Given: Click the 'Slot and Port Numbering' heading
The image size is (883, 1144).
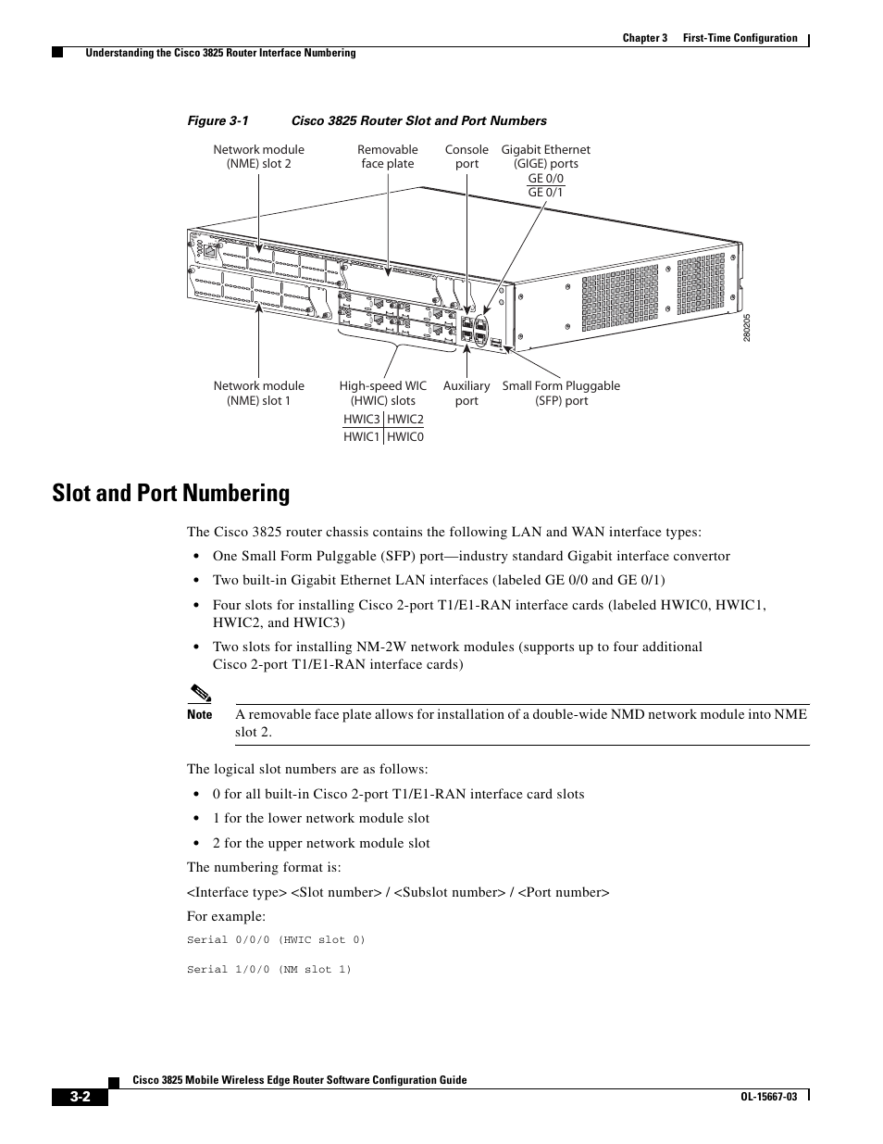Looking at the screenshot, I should point(171,493).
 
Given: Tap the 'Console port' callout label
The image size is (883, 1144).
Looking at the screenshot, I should point(466,157).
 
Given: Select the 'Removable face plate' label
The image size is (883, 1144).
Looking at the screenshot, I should point(388,157).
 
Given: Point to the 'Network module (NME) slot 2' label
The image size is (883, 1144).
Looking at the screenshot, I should point(258,157).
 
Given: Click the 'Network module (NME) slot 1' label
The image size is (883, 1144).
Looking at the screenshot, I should point(258,393).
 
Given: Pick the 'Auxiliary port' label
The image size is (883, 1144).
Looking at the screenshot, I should point(466,393).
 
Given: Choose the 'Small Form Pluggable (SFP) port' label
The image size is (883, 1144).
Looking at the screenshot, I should point(561,393).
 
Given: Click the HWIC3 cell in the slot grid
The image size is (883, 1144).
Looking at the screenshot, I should point(362,420).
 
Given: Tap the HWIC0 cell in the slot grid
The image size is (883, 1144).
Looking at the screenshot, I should point(405,436).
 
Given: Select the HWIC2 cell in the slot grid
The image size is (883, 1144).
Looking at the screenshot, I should point(405,420).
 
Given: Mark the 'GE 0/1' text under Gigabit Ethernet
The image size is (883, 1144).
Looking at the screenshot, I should point(546,193).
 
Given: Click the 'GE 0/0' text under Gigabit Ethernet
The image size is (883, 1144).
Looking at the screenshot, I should point(546,179).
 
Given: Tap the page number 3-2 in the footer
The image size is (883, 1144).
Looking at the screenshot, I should point(80,1098).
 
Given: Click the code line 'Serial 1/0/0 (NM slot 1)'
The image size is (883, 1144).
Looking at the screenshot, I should point(269,970).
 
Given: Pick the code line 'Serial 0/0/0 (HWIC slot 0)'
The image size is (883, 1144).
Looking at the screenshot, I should point(276,940).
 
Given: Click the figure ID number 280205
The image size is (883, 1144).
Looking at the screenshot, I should point(746,329).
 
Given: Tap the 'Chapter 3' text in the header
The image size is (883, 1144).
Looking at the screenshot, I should point(644,38).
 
